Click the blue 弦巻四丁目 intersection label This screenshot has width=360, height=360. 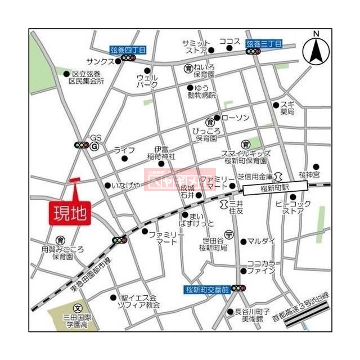click(128, 49)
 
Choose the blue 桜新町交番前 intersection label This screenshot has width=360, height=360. click(208, 289)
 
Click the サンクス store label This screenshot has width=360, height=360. click(100, 60)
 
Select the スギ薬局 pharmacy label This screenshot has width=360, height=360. click(287, 108)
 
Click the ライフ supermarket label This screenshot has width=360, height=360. click(124, 150)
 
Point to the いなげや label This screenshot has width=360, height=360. click(125, 185)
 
